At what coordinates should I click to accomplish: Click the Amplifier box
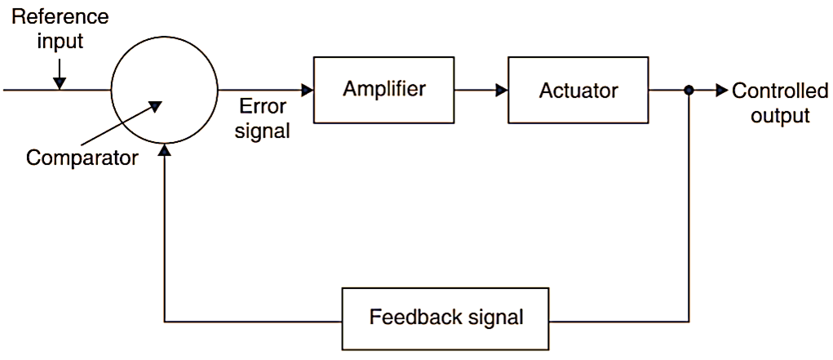383,90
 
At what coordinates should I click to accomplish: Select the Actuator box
578,90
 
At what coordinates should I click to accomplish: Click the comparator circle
165,90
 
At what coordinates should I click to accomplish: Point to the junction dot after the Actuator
689,91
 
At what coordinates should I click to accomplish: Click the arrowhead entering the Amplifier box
308,90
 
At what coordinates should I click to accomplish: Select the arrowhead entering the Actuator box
501,90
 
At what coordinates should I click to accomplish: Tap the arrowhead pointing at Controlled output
721,91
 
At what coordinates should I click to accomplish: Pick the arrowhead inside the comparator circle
156,105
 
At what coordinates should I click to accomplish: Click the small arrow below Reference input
59,82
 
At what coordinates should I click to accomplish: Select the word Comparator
82,158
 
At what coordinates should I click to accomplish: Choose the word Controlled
780,91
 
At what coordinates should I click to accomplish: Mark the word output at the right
780,116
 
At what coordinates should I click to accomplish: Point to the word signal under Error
262,131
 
